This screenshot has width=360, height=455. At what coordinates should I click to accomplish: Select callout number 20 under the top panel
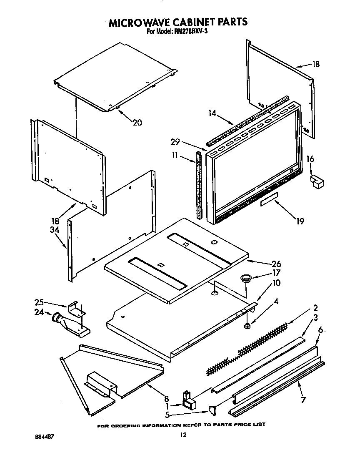coord(137,122)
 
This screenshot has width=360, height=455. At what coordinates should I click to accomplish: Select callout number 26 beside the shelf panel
coord(276,264)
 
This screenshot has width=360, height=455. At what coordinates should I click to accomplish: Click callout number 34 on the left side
coord(55,229)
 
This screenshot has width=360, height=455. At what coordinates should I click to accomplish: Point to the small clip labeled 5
coord(213,411)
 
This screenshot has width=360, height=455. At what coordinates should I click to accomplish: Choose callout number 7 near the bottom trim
coord(303,400)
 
